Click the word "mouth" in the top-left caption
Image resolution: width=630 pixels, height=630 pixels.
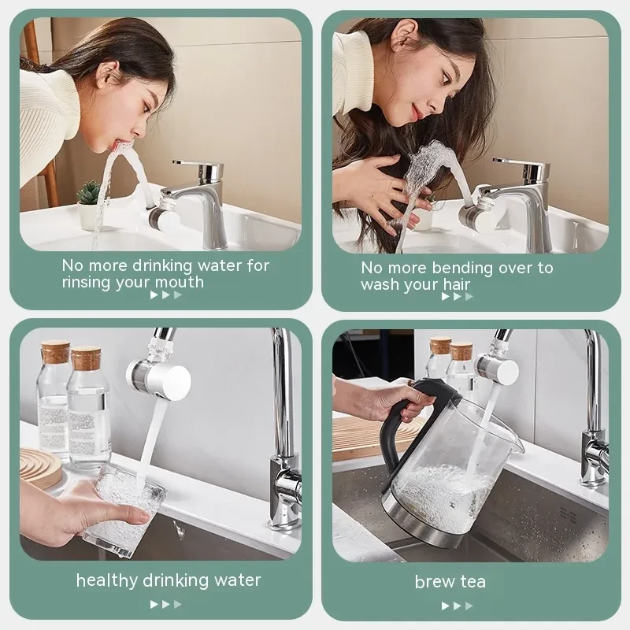point(179,282)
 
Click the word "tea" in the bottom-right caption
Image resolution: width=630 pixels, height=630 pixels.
point(472,582)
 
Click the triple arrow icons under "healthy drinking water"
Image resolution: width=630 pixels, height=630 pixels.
point(166,604)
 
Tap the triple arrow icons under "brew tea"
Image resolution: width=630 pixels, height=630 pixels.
point(458,605)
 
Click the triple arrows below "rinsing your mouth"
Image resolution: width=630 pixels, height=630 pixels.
point(166,295)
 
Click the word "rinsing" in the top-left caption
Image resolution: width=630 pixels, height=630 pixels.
point(89,282)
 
